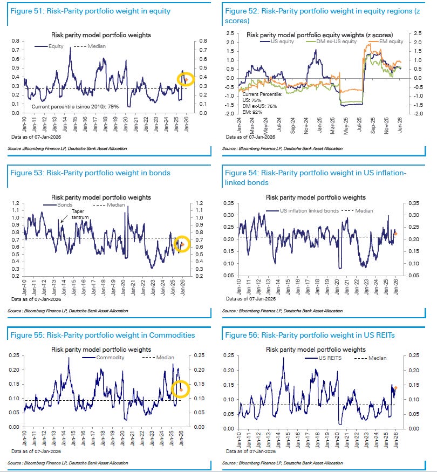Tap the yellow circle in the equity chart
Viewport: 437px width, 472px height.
coord(185,79)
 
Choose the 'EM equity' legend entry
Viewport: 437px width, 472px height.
coord(390,42)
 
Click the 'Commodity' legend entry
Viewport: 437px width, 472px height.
coord(110,358)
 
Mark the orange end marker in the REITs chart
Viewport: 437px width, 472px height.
coord(396,387)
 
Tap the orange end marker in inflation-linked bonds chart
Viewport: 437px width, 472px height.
coord(395,234)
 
